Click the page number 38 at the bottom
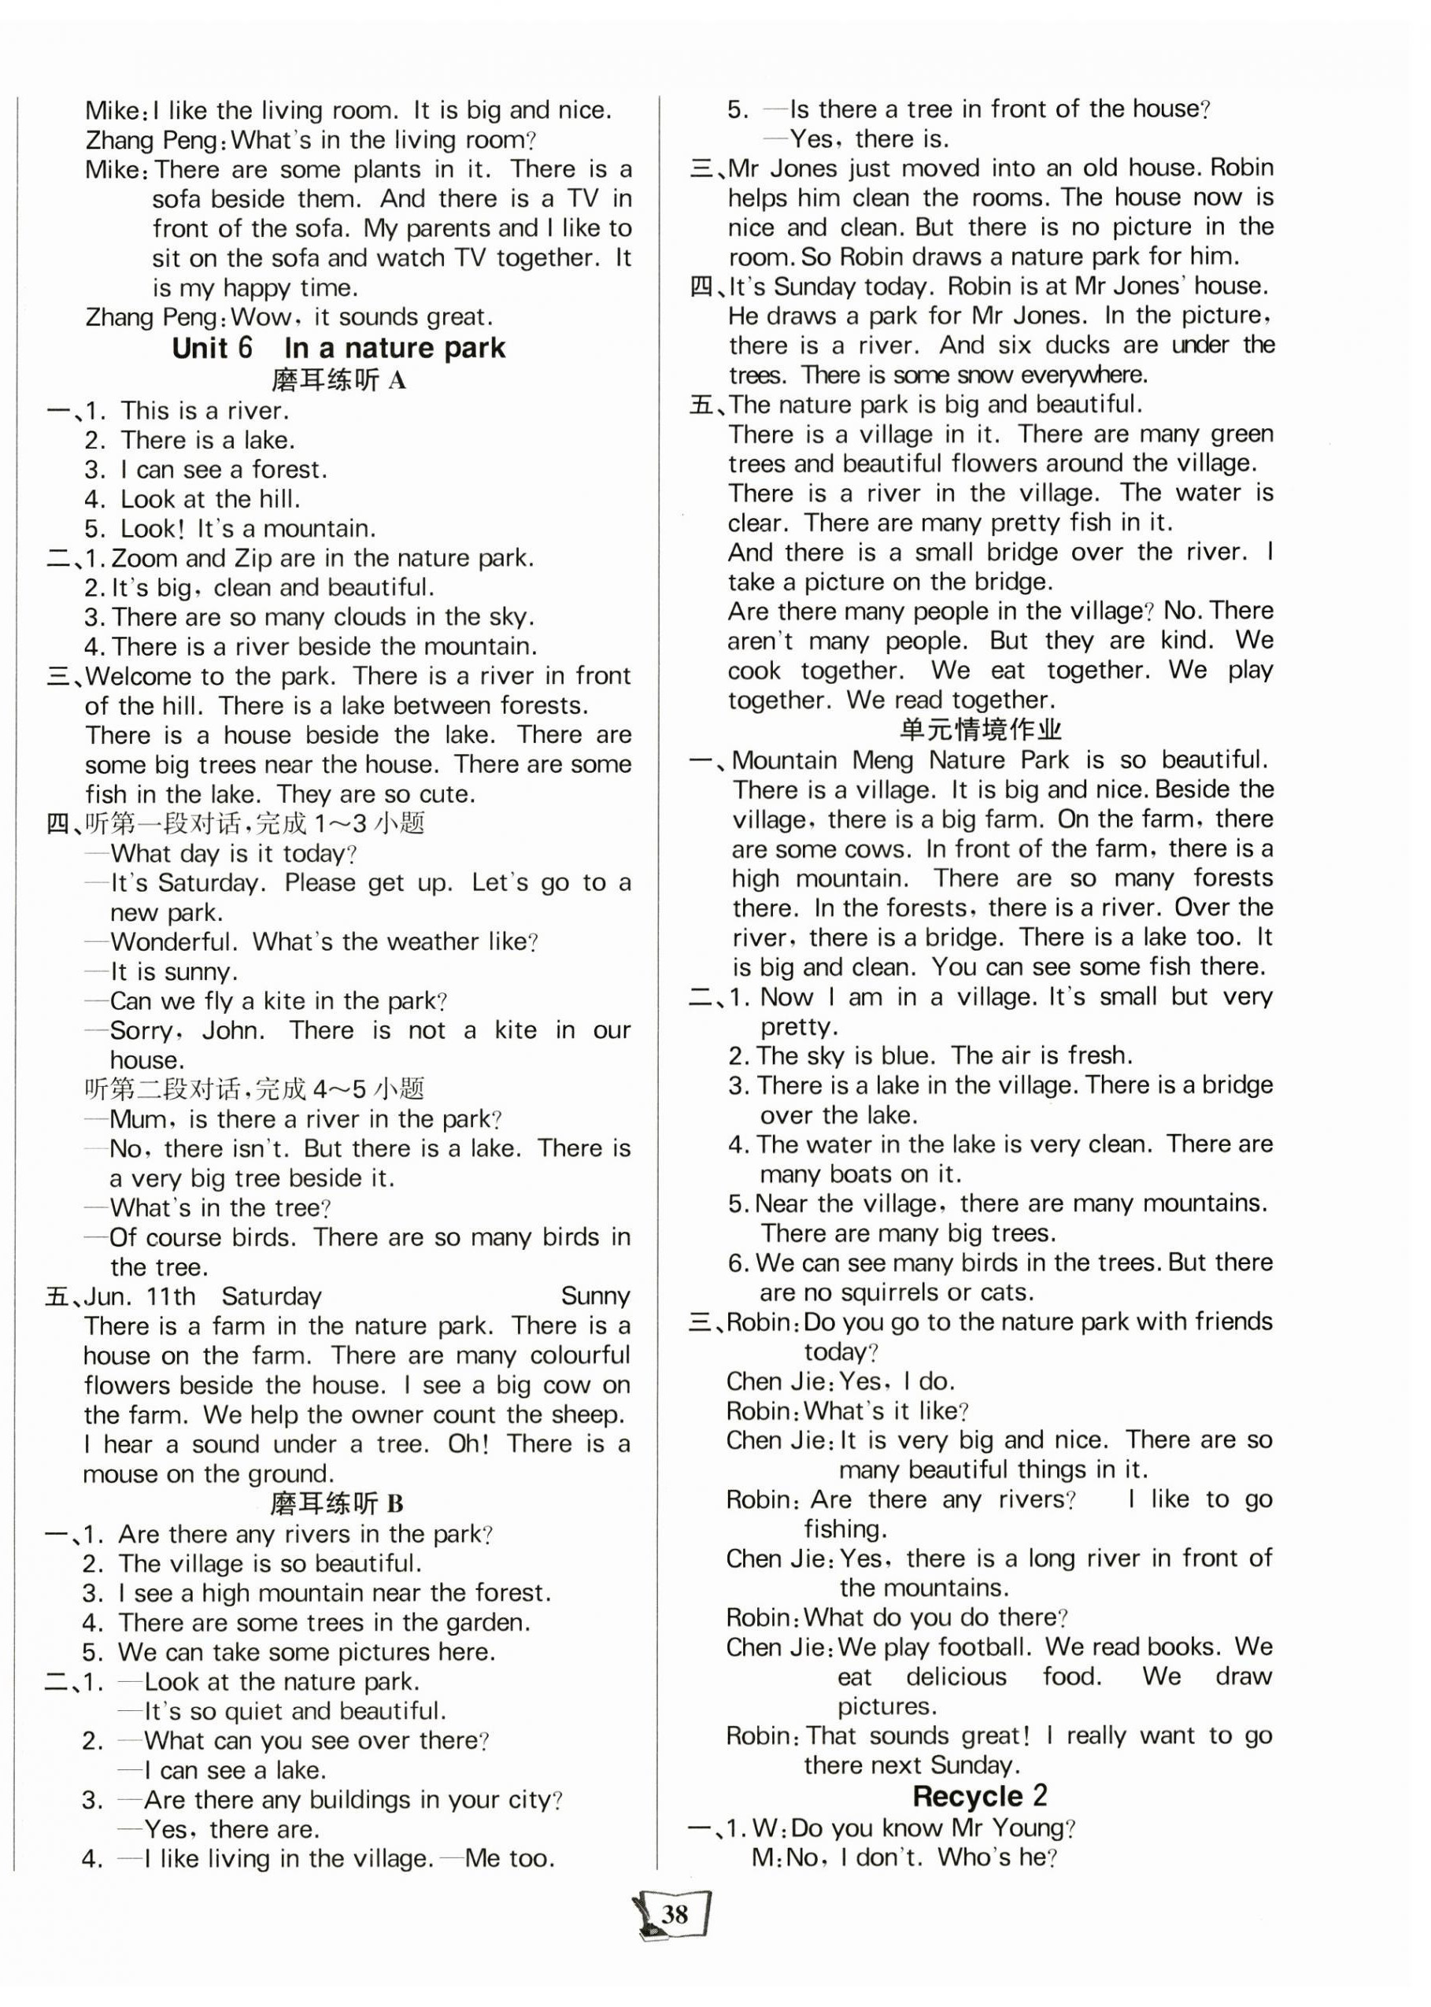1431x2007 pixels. click(675, 1914)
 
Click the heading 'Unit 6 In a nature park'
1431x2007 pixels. click(338, 348)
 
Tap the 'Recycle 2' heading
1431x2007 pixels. click(979, 1795)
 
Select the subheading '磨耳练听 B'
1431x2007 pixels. click(338, 1503)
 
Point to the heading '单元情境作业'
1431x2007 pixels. click(981, 730)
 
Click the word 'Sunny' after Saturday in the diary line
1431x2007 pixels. click(595, 1296)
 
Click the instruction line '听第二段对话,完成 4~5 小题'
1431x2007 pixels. click(255, 1089)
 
